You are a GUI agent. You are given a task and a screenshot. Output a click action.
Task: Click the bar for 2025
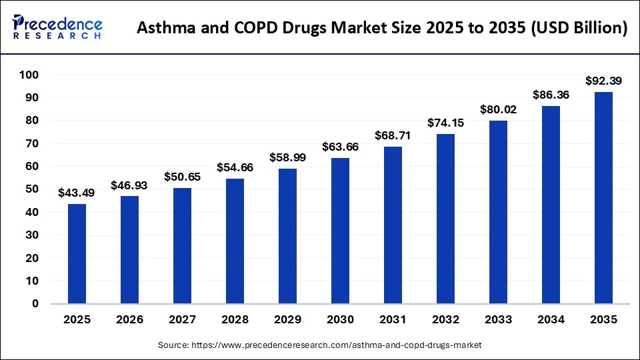click(77, 254)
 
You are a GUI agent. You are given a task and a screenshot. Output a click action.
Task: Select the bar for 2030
click(340, 231)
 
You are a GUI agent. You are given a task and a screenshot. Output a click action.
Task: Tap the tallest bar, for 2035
click(603, 198)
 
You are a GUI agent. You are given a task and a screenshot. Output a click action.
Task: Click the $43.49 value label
click(77, 193)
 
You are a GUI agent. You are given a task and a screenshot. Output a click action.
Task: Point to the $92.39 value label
click(603, 81)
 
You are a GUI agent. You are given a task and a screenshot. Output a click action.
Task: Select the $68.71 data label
click(393, 135)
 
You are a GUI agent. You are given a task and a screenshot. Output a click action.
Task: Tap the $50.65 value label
click(182, 177)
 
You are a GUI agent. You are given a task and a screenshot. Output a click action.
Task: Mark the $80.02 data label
click(498, 109)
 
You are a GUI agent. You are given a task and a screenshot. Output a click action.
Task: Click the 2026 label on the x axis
click(129, 320)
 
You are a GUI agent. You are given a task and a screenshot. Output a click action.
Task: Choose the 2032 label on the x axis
click(445, 320)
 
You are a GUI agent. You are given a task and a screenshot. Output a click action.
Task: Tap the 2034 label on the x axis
click(551, 320)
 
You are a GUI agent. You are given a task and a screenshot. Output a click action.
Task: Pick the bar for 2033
click(498, 212)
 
